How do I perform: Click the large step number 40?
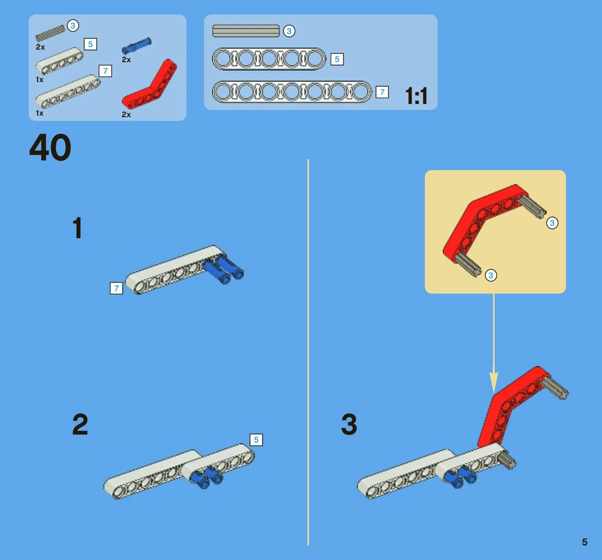click(50, 147)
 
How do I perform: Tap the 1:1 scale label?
click(416, 96)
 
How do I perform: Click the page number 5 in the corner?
click(585, 542)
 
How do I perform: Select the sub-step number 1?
click(78, 227)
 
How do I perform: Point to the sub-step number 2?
click(80, 424)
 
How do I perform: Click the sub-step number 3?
click(349, 424)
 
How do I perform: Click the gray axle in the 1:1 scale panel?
click(246, 31)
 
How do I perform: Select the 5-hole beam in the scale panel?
click(269, 59)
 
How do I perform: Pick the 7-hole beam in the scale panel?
click(292, 92)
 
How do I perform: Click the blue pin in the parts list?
click(136, 46)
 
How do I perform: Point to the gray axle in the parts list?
click(50, 33)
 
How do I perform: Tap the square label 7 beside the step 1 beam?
click(117, 288)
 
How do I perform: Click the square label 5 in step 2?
click(256, 439)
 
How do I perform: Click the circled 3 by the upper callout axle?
click(552, 223)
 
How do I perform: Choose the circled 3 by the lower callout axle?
click(491, 275)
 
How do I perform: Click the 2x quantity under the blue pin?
click(126, 59)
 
